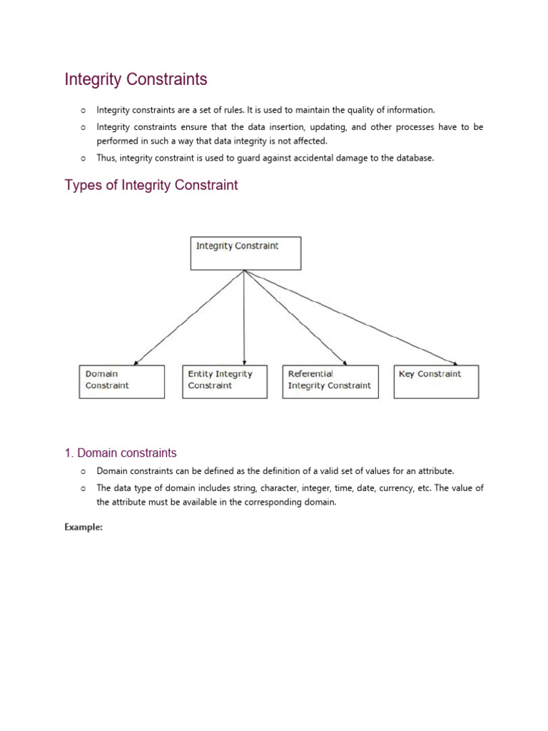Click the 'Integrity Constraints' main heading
click(x=136, y=79)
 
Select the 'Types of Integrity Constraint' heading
click(x=151, y=186)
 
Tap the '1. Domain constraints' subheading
click(x=121, y=453)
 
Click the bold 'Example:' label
click(x=84, y=527)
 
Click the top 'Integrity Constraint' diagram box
click(x=245, y=253)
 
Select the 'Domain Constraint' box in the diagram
click(x=121, y=381)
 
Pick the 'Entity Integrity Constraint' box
click(x=225, y=381)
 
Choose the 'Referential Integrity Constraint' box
click(x=329, y=381)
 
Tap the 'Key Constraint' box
click(x=436, y=381)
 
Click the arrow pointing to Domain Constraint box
click(x=189, y=318)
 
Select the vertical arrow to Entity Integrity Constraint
click(x=245, y=318)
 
